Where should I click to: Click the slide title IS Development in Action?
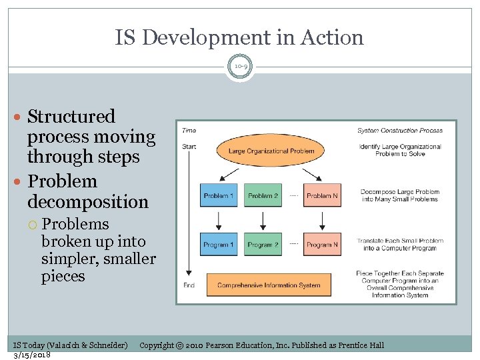pos(239,37)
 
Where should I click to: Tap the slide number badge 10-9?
pos(240,67)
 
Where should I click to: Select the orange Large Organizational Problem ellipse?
pos(271,151)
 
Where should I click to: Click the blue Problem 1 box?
pos(219,195)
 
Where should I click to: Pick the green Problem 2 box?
pos(263,195)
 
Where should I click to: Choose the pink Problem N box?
pos(322,195)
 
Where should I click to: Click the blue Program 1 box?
pos(219,245)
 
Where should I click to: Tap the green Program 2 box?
pos(263,245)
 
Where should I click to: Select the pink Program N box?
pos(322,245)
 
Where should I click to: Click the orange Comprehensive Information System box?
pos(268,285)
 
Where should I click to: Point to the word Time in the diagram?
pos(189,131)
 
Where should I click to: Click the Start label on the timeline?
pos(189,145)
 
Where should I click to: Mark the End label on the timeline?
pos(189,285)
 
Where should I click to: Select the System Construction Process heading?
pos(399,131)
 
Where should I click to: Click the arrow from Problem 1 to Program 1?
pos(219,220)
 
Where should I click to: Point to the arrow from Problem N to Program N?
pos(322,220)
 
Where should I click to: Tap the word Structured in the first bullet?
pos(71,117)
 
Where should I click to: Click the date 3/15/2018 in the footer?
pos(32,354)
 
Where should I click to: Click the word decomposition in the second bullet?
pos(88,201)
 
